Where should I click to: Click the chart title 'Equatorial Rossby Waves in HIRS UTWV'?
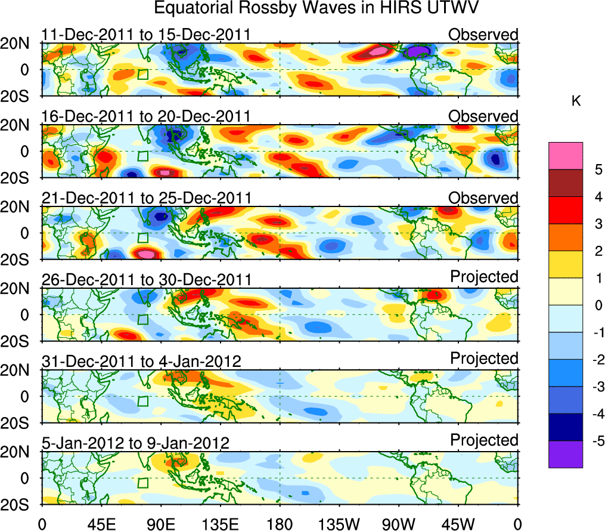tap(317, 8)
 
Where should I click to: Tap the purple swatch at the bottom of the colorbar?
tap(565, 455)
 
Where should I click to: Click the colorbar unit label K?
tap(576, 102)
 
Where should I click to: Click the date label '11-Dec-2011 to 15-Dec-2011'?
tap(146, 35)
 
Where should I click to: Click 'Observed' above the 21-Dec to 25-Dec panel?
tap(483, 198)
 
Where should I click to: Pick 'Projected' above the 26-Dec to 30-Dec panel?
tap(484, 277)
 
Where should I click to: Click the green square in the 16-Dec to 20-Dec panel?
tap(142, 156)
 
